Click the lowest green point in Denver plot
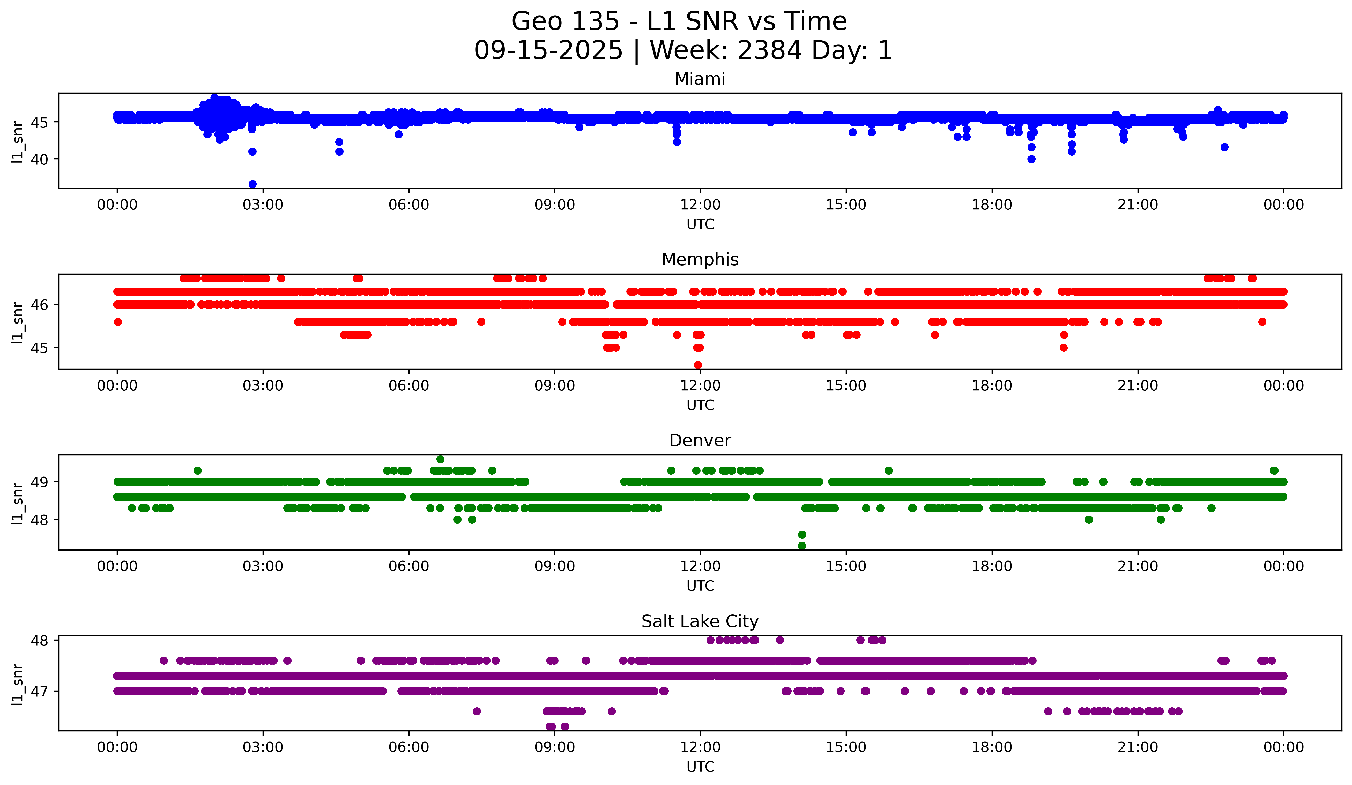point(802,546)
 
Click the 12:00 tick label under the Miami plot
point(700,205)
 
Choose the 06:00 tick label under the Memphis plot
point(409,386)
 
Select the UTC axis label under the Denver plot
point(700,586)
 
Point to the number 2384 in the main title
point(770,50)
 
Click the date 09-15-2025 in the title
point(548,50)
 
